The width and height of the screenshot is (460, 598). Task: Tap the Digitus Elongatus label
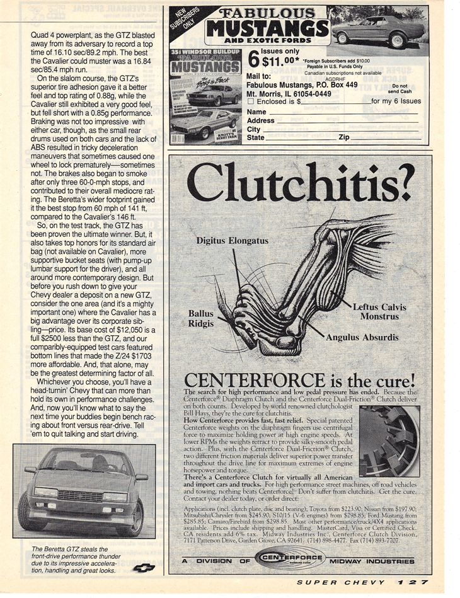click(232, 241)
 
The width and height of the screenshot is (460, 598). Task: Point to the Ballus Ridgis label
click(201, 318)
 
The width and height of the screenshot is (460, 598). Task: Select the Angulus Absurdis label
click(362, 337)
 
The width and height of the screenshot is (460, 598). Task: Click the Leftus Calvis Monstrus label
click(379, 312)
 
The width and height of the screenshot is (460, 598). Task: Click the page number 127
click(417, 584)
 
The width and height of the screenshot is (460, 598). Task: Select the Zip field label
click(343, 137)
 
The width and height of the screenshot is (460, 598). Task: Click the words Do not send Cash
click(400, 88)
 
